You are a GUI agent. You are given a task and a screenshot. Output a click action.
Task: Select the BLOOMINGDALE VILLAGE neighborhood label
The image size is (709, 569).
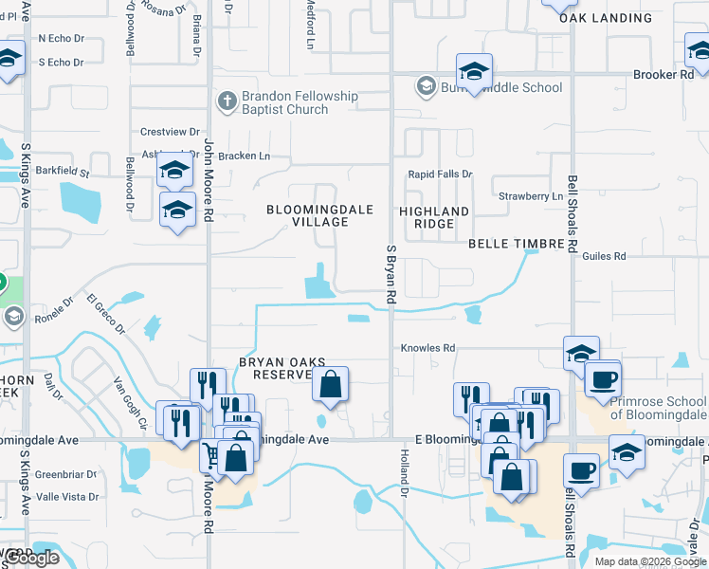(319, 215)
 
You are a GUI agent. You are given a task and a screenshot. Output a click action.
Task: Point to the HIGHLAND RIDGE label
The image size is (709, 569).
(434, 217)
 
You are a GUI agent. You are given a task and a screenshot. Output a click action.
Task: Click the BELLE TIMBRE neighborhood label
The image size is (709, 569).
(517, 244)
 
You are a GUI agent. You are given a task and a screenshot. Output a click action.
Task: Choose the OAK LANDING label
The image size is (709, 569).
(606, 18)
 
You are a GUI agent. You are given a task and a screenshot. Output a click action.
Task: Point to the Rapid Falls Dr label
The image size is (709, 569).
(440, 174)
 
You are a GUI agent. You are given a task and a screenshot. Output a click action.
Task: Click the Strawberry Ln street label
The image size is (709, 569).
(531, 196)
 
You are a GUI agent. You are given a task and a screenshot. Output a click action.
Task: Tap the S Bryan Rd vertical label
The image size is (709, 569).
(391, 274)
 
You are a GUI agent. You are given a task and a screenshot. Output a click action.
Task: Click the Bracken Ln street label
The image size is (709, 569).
(244, 156)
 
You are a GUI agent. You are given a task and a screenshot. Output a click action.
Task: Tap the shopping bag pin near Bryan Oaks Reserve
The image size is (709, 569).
(330, 385)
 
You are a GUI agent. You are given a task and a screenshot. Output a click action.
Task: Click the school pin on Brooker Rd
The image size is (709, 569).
(474, 71)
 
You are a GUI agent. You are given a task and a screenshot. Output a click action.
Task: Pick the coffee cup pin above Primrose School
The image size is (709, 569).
(602, 379)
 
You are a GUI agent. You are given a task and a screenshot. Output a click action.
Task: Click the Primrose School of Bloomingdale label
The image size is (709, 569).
(658, 408)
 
